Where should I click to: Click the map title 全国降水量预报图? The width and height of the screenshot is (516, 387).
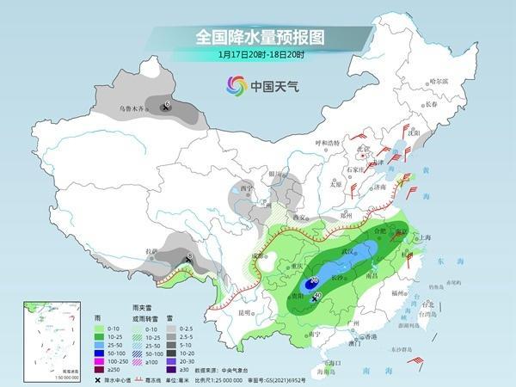(x=257, y=38)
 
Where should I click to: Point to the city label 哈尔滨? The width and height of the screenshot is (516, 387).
(x=439, y=81)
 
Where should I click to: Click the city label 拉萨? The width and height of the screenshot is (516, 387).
(x=151, y=252)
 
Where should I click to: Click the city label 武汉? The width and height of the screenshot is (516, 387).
(x=348, y=250)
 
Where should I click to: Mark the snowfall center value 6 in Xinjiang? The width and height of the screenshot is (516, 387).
(x=166, y=105)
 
